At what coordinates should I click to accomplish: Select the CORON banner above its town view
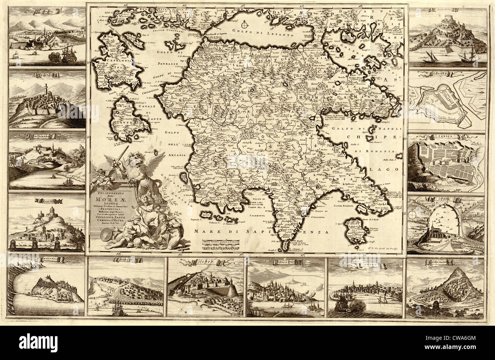pyautogui.click(x=206, y=261)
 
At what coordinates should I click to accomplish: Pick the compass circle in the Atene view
pyautogui.click(x=412, y=215)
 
